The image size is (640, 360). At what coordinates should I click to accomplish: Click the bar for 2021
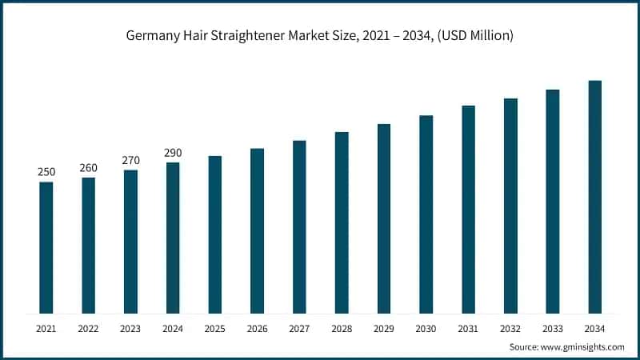tap(46, 248)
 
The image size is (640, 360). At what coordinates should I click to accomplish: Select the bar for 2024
tap(173, 238)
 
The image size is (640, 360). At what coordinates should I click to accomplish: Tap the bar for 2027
tap(299, 227)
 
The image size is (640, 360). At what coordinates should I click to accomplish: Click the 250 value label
tap(46, 173)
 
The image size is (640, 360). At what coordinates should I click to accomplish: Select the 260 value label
tap(88, 168)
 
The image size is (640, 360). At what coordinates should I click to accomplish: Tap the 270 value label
tap(130, 161)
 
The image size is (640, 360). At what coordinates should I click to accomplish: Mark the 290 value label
tap(173, 153)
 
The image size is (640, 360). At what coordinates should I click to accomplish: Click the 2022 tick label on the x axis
tap(88, 329)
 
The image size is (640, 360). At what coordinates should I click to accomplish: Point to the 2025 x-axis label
tap(214, 329)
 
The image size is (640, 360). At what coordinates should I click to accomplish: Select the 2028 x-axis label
tap(342, 329)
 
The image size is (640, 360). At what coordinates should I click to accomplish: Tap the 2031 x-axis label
tap(468, 329)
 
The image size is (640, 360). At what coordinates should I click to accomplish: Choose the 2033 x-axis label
tap(553, 329)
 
